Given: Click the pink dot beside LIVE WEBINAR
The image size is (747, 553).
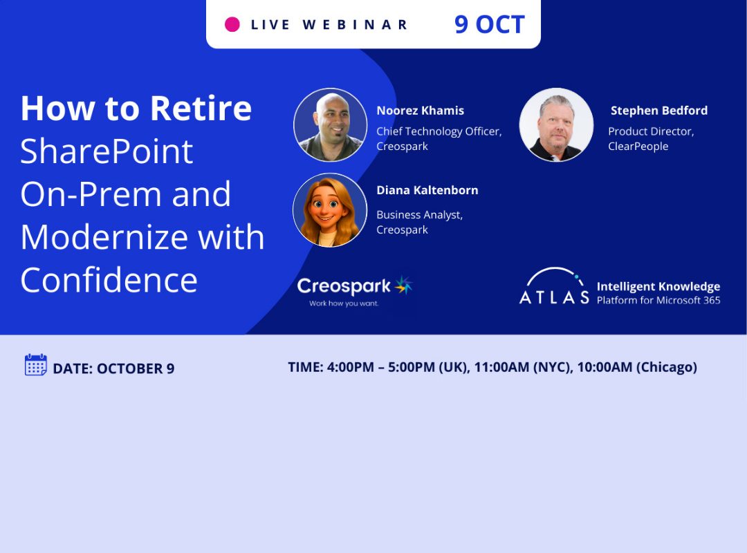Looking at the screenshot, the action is (x=232, y=24).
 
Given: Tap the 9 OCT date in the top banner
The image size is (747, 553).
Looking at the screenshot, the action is (x=489, y=25).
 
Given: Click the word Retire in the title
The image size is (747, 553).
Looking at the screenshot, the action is (x=201, y=109).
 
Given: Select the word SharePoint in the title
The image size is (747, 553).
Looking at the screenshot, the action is (x=107, y=152).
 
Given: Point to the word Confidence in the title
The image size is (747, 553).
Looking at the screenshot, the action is (x=109, y=280).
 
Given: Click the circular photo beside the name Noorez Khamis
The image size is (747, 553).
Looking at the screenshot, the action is (x=330, y=125).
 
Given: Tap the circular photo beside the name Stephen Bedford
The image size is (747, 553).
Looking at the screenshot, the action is (x=556, y=125).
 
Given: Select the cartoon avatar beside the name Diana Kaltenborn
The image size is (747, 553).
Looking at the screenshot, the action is (x=330, y=210).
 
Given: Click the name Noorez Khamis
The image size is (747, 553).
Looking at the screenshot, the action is (x=421, y=111).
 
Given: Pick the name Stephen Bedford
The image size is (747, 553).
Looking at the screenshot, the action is (x=659, y=111).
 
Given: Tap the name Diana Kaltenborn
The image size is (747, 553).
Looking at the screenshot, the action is (x=427, y=190).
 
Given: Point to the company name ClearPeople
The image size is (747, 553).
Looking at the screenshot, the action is (x=638, y=147).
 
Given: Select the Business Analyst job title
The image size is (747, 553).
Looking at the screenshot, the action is (x=419, y=215).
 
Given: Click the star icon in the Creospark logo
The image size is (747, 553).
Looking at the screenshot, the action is (x=403, y=285).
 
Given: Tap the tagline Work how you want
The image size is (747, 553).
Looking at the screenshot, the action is (x=344, y=303).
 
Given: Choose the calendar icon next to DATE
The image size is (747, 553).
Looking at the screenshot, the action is (x=36, y=365).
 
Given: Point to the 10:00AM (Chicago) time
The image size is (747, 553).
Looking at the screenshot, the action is (x=637, y=367).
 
